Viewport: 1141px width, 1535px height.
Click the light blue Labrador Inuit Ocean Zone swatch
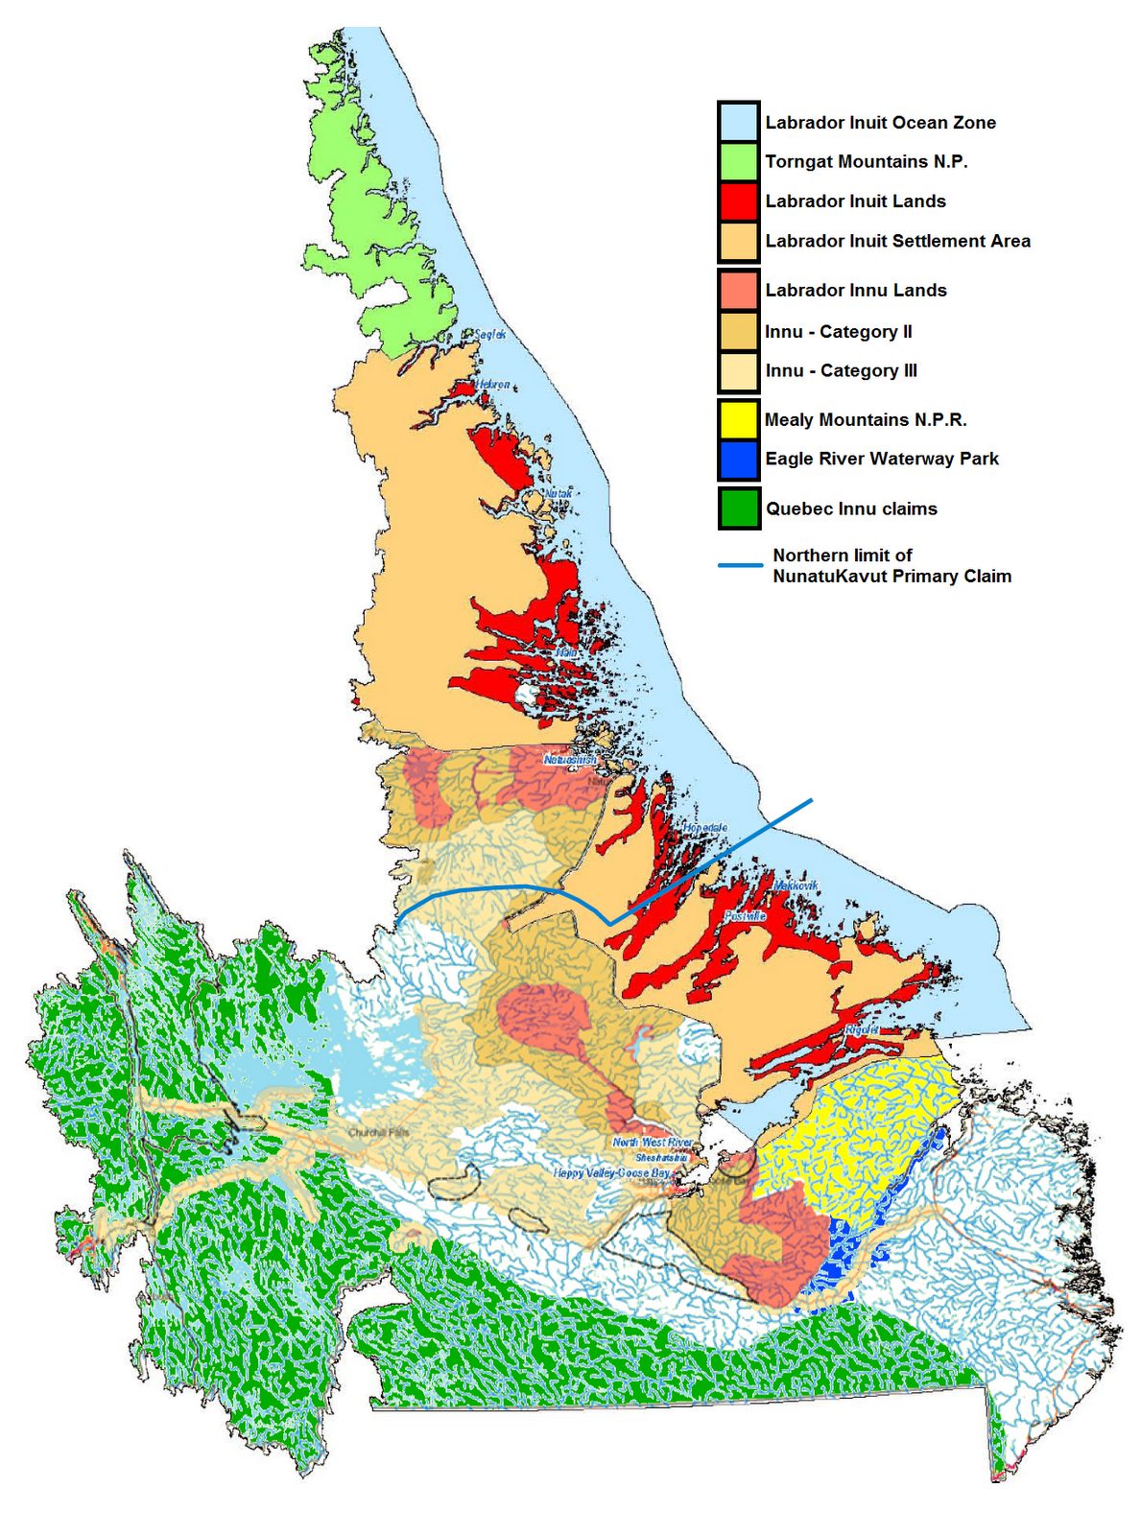point(738,122)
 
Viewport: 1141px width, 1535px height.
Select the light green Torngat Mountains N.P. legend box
point(738,161)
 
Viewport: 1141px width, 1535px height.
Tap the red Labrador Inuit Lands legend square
point(738,201)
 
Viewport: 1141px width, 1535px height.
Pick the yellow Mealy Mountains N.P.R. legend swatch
point(738,419)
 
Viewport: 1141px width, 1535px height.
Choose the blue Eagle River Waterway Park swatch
point(738,459)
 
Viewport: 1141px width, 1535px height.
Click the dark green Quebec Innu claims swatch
point(738,508)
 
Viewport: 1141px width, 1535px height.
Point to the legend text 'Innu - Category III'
point(841,370)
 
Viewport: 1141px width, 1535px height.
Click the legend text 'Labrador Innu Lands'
point(855,290)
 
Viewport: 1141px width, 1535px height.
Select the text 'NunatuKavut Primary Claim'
point(891,577)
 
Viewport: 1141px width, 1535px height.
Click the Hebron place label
point(492,385)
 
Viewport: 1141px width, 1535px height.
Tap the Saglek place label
point(490,334)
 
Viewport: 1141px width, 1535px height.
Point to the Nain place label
point(566,652)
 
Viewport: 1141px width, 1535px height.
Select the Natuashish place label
point(569,760)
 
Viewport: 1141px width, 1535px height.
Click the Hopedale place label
point(705,827)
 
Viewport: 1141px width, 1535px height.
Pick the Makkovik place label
point(796,886)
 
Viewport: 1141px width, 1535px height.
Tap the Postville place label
point(745,916)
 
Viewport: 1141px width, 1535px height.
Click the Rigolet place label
point(861,1029)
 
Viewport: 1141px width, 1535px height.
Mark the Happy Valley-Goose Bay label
point(611,1173)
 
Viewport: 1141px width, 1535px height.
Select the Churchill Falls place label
point(379,1133)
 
